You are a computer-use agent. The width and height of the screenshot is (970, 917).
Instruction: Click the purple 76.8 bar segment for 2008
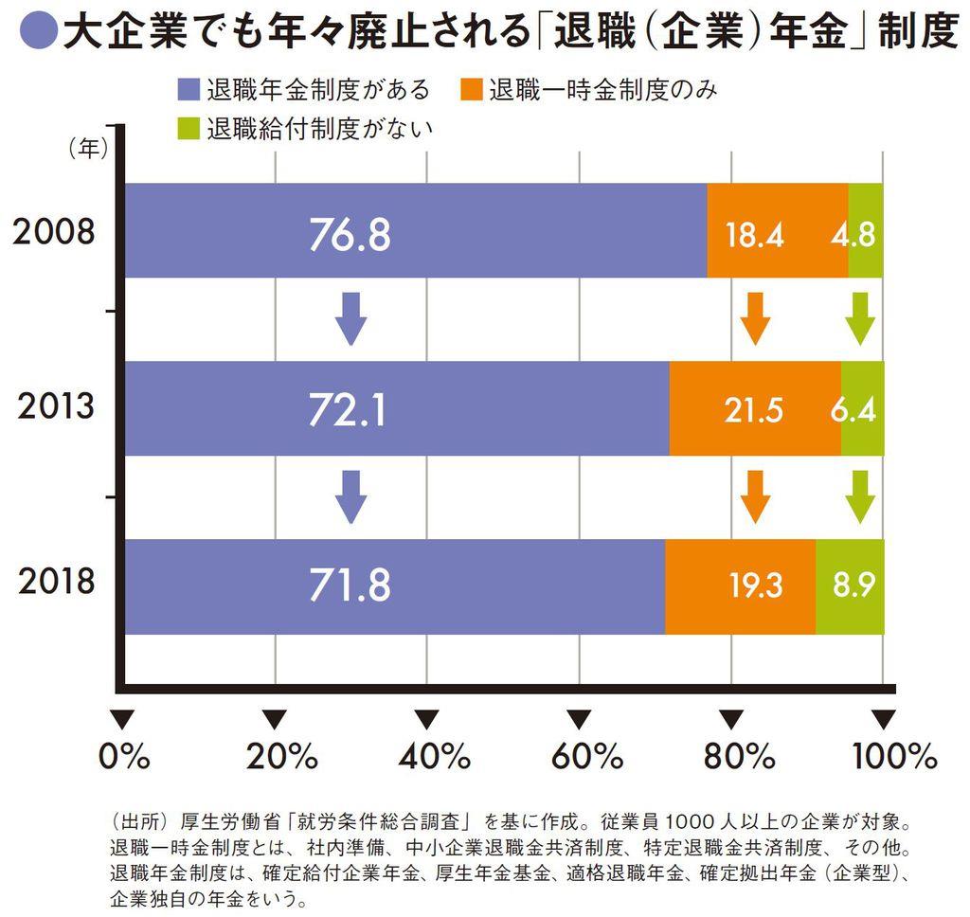click(415, 230)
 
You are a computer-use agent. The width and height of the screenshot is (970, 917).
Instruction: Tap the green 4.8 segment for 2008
click(866, 230)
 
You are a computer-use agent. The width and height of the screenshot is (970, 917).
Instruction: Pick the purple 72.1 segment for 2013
click(396, 408)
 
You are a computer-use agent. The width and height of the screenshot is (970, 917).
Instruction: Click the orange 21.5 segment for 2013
click(755, 408)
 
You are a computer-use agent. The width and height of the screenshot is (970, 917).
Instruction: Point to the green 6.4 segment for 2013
click(862, 408)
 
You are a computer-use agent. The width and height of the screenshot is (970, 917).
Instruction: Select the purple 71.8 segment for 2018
click(394, 586)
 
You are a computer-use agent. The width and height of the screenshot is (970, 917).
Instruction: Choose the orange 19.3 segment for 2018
click(740, 586)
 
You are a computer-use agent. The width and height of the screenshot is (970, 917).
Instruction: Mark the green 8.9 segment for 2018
click(850, 586)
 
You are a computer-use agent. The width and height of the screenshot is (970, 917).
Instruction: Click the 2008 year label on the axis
click(54, 232)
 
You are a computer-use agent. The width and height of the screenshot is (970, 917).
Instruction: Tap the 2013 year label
click(54, 407)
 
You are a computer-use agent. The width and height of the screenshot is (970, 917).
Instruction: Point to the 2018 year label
click(54, 581)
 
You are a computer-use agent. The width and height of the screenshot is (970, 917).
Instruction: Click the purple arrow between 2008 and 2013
click(351, 318)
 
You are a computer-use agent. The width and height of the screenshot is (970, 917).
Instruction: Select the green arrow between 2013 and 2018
click(860, 495)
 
